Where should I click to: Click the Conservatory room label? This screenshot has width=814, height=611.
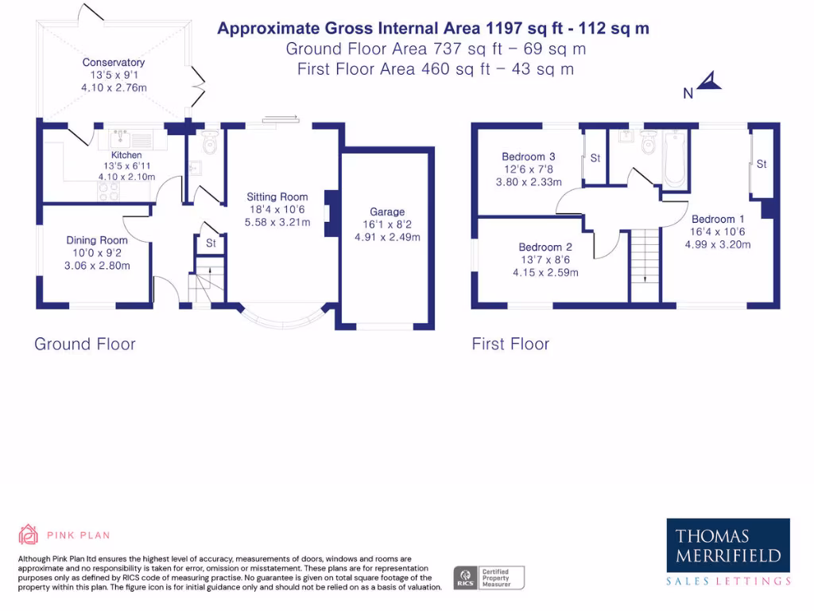coord(113,62)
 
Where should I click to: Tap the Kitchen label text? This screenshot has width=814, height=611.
coord(126,155)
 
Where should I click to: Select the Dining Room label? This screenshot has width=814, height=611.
coord(96,240)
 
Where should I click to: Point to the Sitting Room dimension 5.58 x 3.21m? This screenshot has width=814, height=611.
coord(277,223)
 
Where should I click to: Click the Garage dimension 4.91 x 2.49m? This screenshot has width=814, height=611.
coord(387,237)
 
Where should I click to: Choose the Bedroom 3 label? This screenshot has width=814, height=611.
coord(529,157)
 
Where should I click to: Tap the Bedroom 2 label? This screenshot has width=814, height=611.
coord(545,247)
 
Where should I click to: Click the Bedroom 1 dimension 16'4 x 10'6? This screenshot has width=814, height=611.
coord(718,232)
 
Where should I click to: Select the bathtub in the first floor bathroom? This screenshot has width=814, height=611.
coord(675,158)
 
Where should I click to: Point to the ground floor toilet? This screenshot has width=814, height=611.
coord(210,142)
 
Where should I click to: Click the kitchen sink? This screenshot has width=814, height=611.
coord(121,139)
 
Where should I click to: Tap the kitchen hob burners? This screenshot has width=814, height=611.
coord(108,192)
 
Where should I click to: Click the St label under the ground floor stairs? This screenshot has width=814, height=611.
coord(211,243)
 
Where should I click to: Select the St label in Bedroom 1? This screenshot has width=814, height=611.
coord(762,164)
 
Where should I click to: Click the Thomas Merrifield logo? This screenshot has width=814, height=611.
coord(728,551)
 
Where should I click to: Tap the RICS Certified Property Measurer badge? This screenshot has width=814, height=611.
coord(489,578)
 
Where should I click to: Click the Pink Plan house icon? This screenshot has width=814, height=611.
coord(28,534)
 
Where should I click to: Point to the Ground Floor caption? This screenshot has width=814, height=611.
coord(84,344)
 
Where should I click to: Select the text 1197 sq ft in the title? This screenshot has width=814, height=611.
coord(524,28)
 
